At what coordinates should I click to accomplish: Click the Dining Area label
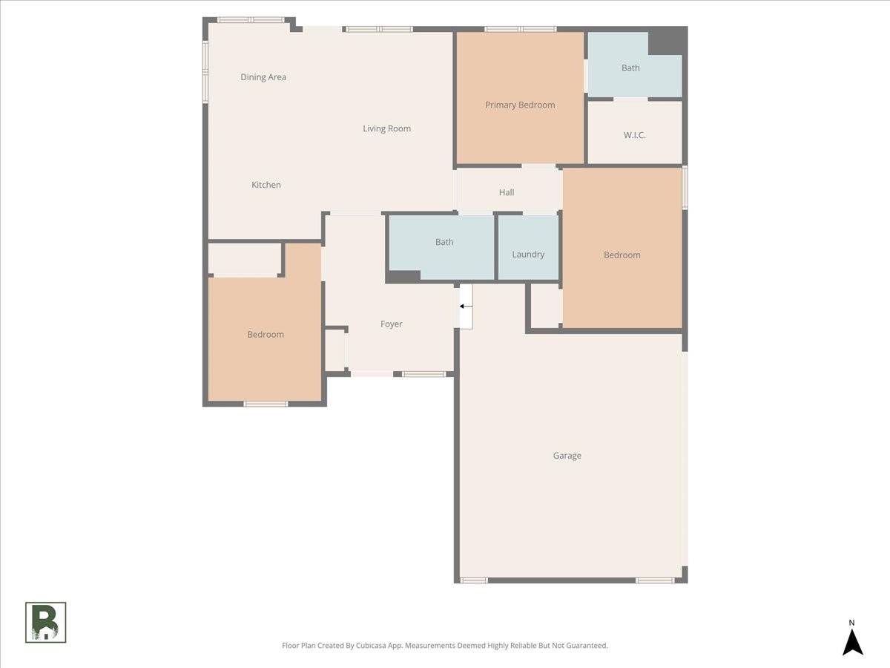point(263,77)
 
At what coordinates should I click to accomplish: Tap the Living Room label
point(386,128)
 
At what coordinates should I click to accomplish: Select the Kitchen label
point(266,185)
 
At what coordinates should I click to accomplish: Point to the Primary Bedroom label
point(520,105)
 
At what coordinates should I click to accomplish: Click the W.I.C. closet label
point(634,135)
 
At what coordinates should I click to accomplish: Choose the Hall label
point(507,192)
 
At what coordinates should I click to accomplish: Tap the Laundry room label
point(528,254)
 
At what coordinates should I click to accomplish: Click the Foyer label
point(392,324)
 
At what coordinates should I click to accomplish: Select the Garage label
point(567,456)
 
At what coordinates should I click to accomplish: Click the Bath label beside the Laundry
point(444,242)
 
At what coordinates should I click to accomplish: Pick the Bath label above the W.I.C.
point(630,68)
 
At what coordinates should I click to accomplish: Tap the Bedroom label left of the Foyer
point(266,334)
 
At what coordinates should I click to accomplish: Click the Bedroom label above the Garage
point(622,255)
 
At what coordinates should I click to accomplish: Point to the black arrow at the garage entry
point(466,306)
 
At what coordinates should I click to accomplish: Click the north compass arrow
point(853,641)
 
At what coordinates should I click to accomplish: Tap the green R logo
point(46,622)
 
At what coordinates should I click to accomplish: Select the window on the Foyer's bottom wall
point(424,374)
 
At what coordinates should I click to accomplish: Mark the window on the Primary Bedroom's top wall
point(520,29)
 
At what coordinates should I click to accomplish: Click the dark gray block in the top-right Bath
point(665,42)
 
